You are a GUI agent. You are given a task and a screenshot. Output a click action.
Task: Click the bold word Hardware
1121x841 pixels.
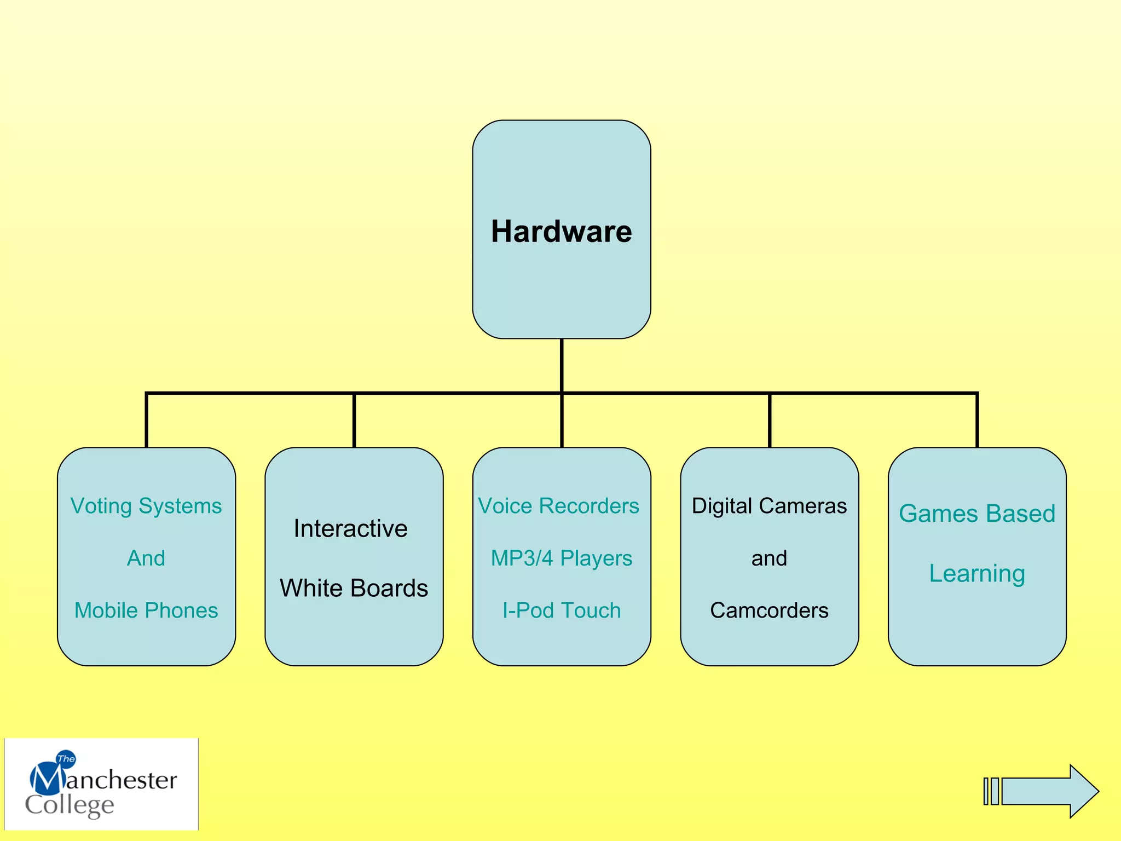pos(561,231)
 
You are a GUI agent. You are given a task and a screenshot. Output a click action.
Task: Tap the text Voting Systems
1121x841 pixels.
pos(146,506)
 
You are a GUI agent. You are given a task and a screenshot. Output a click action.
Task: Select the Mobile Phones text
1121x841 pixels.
pos(146,610)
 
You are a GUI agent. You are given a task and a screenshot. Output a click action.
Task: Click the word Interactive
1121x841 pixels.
pos(350,528)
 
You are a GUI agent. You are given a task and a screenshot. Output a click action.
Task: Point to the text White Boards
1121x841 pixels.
pos(354,588)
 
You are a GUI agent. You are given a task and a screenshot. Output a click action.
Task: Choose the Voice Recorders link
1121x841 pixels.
pos(558,506)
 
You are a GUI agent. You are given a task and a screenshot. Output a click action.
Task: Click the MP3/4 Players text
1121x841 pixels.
pos(561,558)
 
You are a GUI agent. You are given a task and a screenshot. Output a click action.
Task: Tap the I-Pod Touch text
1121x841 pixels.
pos(561,610)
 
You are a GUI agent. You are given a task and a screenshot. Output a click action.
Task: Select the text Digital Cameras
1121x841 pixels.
pos(769,506)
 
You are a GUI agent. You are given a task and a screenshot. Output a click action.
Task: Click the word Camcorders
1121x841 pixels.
pos(769,610)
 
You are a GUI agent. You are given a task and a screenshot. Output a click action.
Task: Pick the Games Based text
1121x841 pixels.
pos(977,514)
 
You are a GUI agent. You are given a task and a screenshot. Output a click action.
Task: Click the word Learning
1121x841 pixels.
pos(977,573)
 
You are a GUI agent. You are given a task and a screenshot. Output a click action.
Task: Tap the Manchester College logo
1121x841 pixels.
pos(101,784)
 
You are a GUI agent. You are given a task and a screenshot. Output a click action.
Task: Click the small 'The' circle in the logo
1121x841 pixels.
pos(66,759)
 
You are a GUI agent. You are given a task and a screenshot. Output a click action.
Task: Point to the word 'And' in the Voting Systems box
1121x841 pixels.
pos(146,558)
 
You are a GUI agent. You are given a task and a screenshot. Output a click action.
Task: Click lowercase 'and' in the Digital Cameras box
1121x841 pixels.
pos(769,558)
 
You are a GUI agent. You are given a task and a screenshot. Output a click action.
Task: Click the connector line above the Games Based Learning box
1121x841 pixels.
pos(977,420)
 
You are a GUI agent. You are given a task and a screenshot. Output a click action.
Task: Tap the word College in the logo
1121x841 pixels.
pos(70,805)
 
